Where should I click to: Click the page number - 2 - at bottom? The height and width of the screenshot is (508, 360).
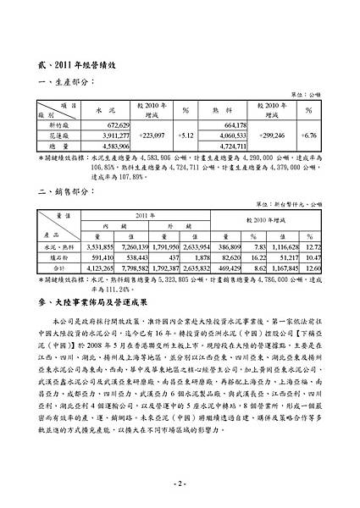180,483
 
